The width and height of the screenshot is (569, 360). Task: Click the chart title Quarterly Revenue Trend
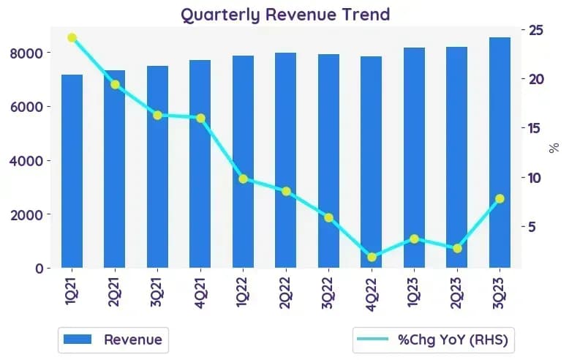285,15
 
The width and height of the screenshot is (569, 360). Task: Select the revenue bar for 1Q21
72,171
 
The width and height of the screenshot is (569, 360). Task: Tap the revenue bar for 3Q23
500,152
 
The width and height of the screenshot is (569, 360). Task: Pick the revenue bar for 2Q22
285,160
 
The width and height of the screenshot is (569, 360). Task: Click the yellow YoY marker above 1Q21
72,38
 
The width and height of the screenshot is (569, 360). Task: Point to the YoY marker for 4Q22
372,258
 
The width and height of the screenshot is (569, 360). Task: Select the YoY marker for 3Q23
500,198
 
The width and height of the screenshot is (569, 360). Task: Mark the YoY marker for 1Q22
243,179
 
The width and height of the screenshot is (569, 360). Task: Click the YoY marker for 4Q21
200,119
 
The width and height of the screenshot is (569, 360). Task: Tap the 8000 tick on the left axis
26,53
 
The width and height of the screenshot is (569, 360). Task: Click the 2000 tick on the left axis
26,215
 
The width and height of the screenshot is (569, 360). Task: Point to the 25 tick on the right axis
536,30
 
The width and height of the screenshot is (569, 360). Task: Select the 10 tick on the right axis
534,178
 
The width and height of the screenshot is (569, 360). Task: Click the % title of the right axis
554,148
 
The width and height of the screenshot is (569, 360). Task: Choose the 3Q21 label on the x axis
157,292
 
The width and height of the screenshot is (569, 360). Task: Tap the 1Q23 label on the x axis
414,292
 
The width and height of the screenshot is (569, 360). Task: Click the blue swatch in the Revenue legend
78,340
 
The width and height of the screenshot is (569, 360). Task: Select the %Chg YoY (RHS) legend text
453,340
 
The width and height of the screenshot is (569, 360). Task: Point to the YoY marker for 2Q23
457,249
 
